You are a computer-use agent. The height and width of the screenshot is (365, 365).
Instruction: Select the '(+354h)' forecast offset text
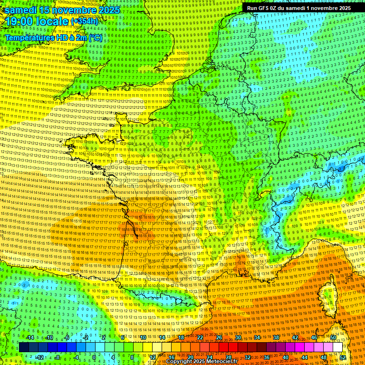pos(84,21)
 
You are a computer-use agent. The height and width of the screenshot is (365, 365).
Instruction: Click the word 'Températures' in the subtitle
pos(30,37)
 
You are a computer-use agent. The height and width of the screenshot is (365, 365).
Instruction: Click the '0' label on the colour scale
pos(94,357)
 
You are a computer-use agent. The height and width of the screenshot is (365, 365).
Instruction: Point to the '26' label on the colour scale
pos(219,337)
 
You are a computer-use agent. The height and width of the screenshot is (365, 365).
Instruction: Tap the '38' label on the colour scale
pos(276,337)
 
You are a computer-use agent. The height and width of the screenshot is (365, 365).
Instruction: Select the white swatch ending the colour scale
pos(337,347)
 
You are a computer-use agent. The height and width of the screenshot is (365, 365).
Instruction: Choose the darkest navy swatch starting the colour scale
pos(24,347)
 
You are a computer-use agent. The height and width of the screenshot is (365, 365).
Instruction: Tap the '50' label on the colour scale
pos(333,337)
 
